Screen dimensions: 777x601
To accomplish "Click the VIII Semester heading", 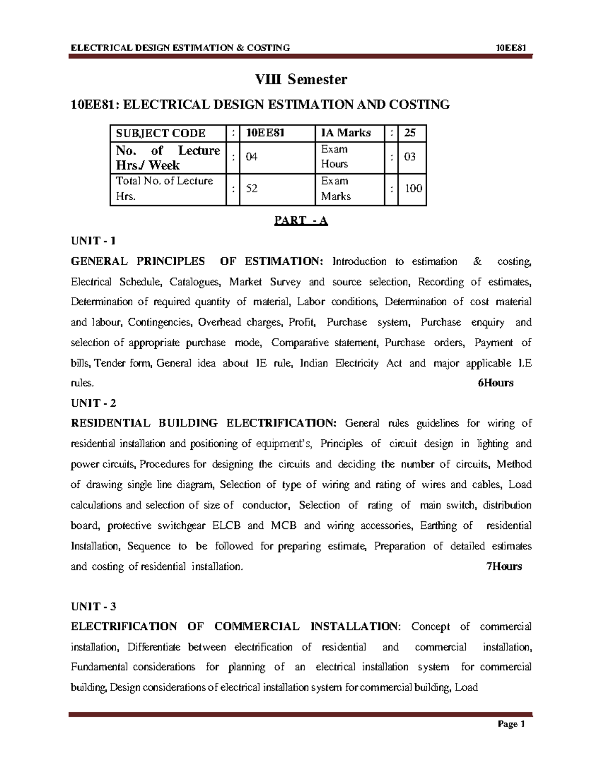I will coord(300,79).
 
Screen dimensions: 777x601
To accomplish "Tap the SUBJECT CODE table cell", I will coord(161,133).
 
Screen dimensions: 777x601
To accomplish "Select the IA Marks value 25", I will coord(410,133).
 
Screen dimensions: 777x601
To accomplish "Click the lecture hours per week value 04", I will coord(251,157).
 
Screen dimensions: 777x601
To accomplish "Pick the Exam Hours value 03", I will coord(410,157).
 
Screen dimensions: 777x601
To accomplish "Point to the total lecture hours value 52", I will coord(251,189).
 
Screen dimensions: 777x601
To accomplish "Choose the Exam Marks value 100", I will coord(413,189).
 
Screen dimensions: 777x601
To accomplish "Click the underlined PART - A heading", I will coord(300,221).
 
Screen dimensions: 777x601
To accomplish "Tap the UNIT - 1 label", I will coord(93,241).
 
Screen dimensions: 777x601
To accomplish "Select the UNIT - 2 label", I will coord(93,403).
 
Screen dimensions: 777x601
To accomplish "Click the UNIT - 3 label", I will coord(93,606).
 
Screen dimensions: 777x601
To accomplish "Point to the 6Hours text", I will coord(495,383).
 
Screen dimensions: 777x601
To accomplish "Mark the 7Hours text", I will coord(504,566).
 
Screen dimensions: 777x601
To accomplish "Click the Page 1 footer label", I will coord(511,724).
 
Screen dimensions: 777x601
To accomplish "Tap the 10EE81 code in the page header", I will coord(511,48).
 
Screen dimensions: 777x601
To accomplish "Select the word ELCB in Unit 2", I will coord(226,526).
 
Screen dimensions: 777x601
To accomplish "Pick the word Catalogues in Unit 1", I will coord(195,282).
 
